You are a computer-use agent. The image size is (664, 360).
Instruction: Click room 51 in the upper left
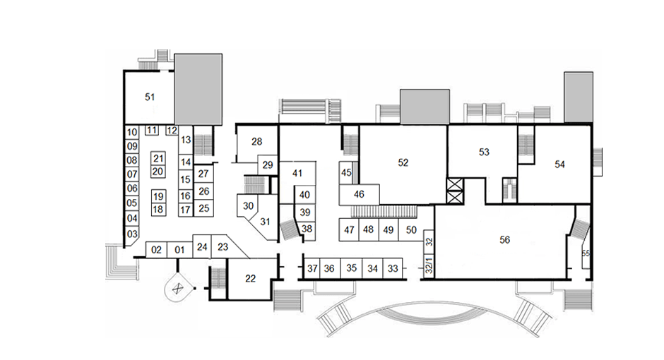point(149,97)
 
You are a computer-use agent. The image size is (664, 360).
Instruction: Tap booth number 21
point(158,158)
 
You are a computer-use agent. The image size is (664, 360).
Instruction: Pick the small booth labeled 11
point(152,130)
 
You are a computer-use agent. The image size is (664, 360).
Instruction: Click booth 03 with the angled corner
point(131,234)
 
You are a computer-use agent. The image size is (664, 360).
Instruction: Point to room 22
point(250,279)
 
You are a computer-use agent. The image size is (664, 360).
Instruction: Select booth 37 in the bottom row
point(312,268)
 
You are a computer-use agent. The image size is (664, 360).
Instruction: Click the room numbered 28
point(256,142)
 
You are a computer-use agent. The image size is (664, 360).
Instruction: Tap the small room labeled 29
point(268,164)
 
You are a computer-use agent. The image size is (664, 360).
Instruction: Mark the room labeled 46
point(359,195)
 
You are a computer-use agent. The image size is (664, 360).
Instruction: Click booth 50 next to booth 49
point(411,230)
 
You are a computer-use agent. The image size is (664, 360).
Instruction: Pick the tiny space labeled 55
point(586,253)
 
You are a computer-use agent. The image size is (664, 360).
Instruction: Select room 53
point(484,152)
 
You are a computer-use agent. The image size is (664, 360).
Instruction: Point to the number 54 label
point(560,164)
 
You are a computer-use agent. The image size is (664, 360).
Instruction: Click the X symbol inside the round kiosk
point(178,289)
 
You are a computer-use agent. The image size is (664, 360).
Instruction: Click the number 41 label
point(297,173)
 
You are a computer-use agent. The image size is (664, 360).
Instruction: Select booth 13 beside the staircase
point(186,140)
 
